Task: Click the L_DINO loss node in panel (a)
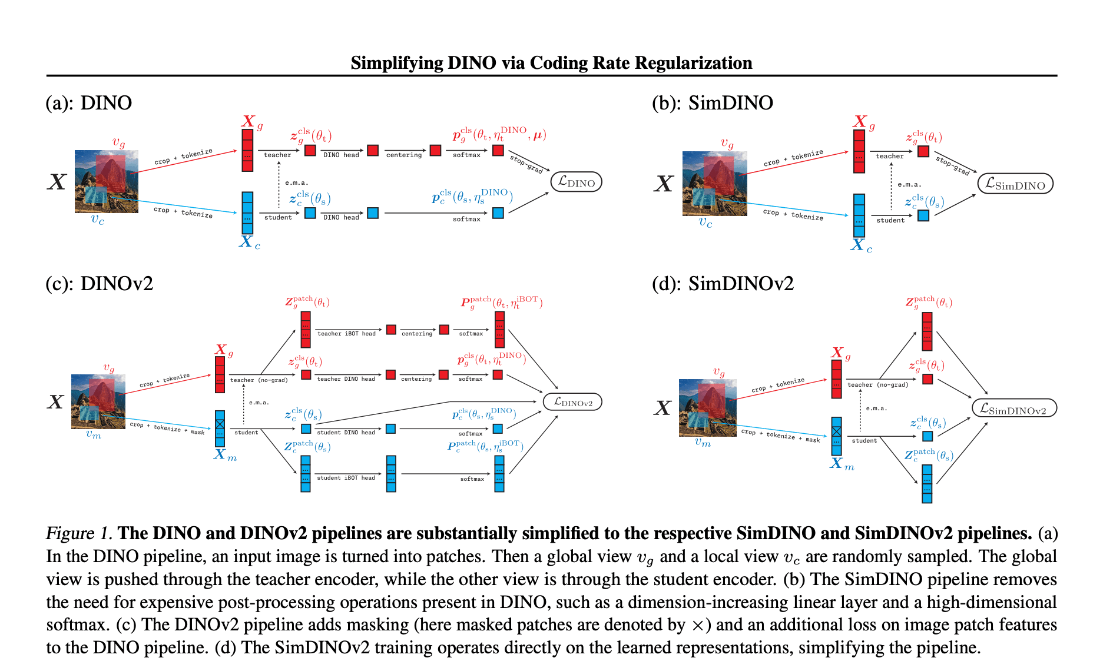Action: [x=576, y=182]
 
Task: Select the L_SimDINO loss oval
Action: [x=1015, y=184]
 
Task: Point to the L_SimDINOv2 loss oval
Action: [x=1013, y=408]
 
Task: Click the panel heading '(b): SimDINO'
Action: [x=712, y=103]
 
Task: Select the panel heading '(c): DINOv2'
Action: [x=99, y=284]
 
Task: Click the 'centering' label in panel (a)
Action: [x=404, y=155]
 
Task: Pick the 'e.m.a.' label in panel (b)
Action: [x=909, y=185]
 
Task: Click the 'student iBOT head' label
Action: [x=346, y=478]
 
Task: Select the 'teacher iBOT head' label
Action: [x=346, y=334]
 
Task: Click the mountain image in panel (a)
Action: [x=106, y=181]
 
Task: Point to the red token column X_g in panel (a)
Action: [x=247, y=150]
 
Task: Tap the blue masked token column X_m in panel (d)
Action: [x=836, y=436]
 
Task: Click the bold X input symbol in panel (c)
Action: [x=55, y=402]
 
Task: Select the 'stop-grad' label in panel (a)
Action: [x=526, y=164]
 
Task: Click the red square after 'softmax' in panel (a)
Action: [x=498, y=150]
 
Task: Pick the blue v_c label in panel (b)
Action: [x=705, y=222]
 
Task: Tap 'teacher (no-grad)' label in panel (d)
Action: [x=877, y=385]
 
